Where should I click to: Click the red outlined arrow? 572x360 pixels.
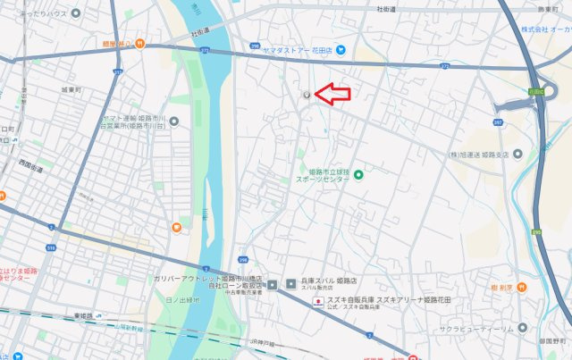pos(334,93)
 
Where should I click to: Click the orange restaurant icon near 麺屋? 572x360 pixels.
pos(139,44)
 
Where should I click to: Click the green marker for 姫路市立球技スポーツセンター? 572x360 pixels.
pos(358,174)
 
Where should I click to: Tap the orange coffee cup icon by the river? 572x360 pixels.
pos(177,229)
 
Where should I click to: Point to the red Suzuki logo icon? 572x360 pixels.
pos(316,301)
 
